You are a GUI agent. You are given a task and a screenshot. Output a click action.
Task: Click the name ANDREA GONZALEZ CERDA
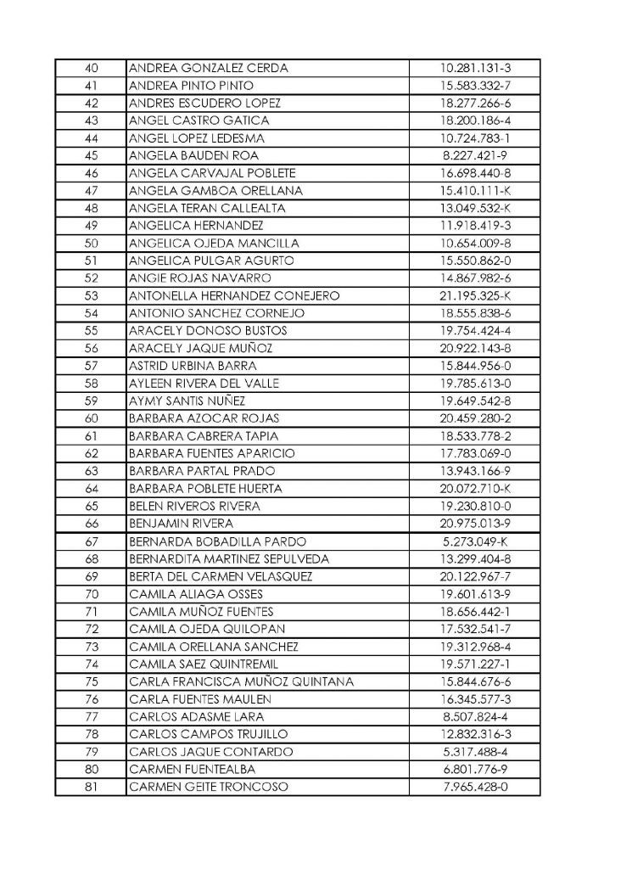pos(208,68)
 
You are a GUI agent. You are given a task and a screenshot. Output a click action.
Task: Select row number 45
pos(92,155)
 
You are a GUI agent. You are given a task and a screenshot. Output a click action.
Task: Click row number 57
pos(92,366)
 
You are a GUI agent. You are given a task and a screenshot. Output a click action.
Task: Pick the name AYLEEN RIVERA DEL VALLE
pos(204,384)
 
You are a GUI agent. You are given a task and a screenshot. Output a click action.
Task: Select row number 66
pos(92,524)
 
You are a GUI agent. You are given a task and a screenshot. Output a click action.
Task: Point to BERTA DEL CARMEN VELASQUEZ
pos(221,576)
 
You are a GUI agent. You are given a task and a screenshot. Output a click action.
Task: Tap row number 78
pos(92,734)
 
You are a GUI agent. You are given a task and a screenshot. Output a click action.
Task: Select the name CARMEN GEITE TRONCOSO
pos(208,787)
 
